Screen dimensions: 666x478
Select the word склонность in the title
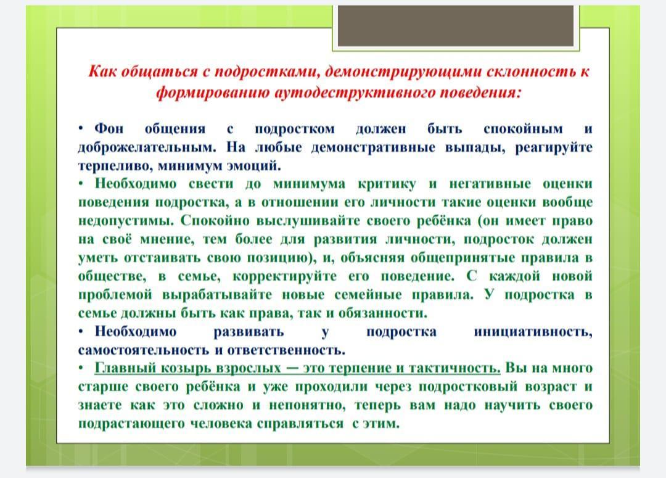530,71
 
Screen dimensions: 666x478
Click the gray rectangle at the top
456,26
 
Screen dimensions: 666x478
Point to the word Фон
109,128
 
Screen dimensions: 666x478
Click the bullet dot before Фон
81,128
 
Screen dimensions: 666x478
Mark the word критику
387,184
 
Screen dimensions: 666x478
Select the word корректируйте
284,276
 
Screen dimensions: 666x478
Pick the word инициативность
533,332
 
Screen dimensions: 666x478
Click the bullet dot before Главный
81,368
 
